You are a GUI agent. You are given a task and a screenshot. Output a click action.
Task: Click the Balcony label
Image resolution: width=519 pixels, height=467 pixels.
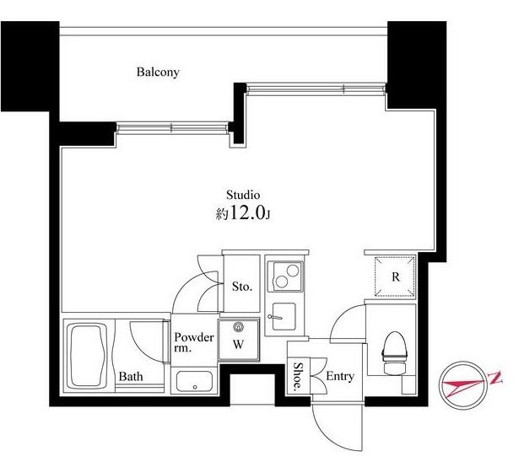click(x=158, y=72)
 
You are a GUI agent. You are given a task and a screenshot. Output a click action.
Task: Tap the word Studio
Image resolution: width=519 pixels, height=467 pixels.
click(x=243, y=195)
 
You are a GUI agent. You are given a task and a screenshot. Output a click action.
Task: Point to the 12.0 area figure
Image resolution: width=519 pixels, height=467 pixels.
click(x=247, y=213)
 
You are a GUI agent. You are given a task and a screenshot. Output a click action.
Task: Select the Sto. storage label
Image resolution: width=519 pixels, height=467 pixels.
click(x=242, y=287)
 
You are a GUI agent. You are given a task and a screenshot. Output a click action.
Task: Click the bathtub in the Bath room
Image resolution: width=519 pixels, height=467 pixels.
click(x=87, y=356)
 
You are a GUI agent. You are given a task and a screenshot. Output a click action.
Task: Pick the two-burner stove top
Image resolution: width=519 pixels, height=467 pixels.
click(x=285, y=276)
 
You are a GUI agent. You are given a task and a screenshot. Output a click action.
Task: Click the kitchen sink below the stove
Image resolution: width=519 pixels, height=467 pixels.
click(x=284, y=316)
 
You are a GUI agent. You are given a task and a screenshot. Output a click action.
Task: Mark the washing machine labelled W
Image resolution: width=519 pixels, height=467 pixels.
click(x=238, y=340)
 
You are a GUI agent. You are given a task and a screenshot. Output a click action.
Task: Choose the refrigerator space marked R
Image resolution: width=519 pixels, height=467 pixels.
click(x=395, y=276)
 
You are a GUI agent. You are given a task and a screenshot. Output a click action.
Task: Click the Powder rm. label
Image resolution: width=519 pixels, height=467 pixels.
click(x=193, y=342)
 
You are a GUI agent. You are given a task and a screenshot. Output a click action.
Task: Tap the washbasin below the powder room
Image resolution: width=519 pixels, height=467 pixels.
click(x=194, y=381)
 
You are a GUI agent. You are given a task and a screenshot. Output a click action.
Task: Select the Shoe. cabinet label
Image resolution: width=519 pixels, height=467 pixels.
click(x=298, y=376)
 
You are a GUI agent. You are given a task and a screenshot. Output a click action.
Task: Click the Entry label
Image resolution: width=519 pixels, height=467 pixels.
click(x=340, y=376)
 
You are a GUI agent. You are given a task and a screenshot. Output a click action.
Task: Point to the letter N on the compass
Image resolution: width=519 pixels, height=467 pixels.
click(x=495, y=378)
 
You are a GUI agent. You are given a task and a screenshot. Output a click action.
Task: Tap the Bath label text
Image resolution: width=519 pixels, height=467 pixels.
click(x=131, y=376)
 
